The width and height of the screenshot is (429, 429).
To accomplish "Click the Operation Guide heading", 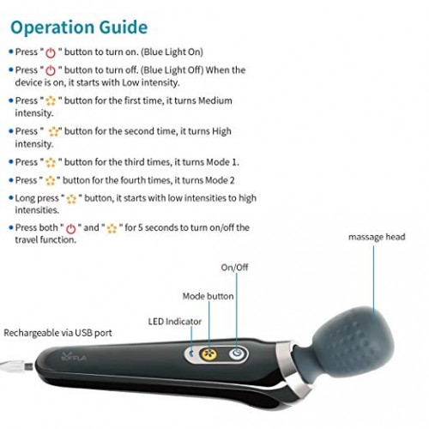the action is click(x=79, y=27).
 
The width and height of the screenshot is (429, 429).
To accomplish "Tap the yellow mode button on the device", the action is click(x=208, y=354).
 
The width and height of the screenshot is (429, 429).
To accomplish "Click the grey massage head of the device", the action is click(x=354, y=341).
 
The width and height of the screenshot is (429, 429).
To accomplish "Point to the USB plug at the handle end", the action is click(x=17, y=366).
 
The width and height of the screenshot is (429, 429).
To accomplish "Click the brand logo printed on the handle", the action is click(x=74, y=357).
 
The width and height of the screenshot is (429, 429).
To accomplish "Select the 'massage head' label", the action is click(x=377, y=237).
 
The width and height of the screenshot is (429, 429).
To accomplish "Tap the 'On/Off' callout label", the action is click(x=234, y=268).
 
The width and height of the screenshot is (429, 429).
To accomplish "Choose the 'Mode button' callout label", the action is click(x=208, y=296).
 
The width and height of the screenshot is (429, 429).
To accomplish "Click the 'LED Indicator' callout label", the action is click(x=175, y=322).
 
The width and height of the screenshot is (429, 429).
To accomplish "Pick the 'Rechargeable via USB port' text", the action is click(x=57, y=333).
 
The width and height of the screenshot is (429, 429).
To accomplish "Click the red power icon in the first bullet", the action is click(x=51, y=53).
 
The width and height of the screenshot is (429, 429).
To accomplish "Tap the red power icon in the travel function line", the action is click(x=71, y=229).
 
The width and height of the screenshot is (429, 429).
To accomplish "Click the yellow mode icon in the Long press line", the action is click(x=71, y=199).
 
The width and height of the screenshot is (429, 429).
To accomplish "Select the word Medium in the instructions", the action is click(x=215, y=100).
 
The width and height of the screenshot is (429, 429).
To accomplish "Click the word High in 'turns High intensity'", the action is click(x=221, y=131).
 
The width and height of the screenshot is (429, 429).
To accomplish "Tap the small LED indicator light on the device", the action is click(x=191, y=353).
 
